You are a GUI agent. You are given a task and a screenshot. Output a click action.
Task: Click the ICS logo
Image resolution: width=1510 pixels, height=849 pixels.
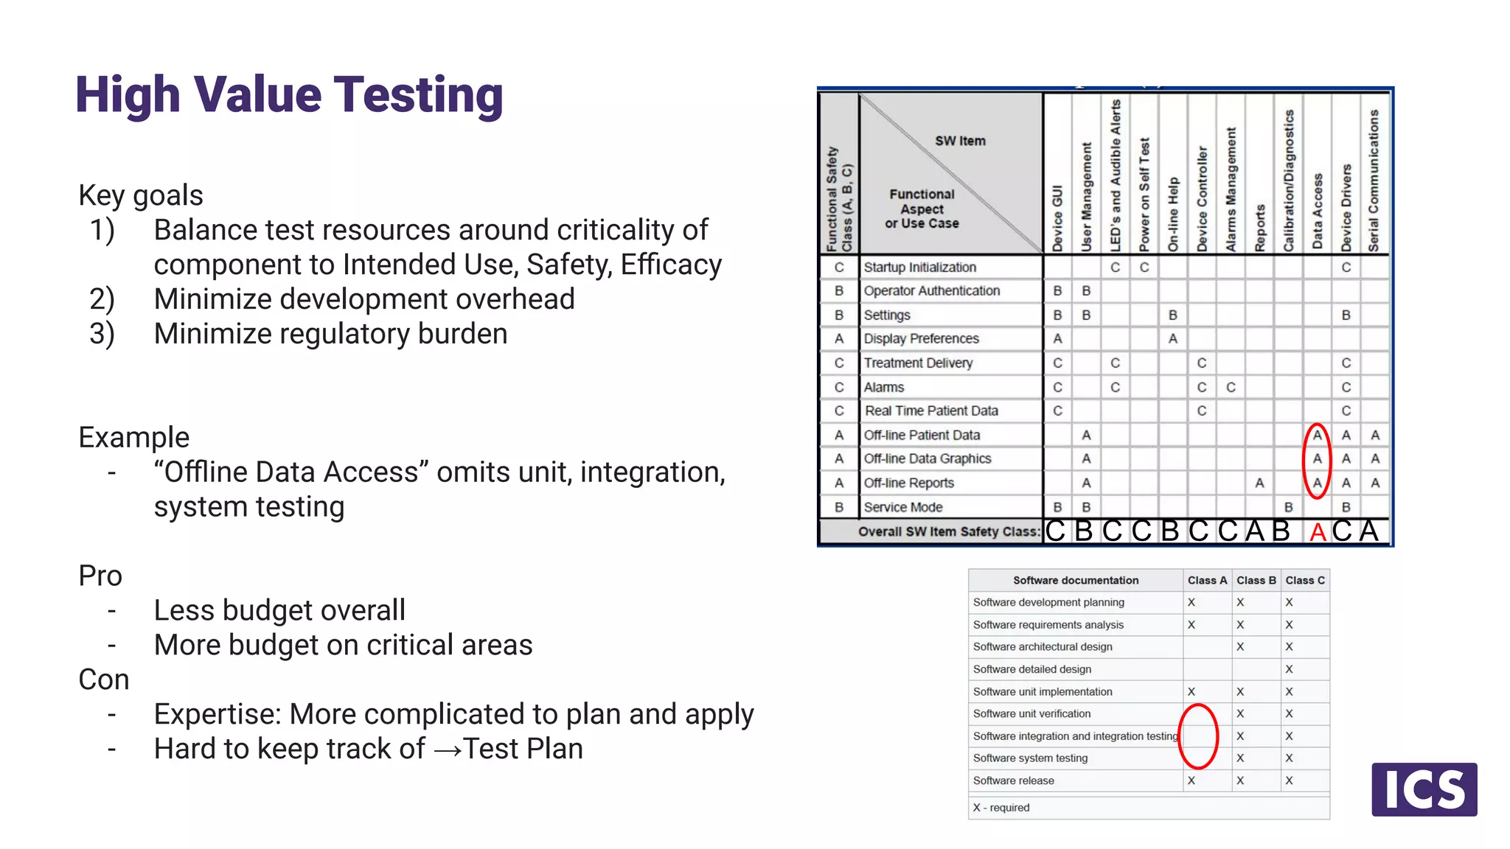click(x=1424, y=789)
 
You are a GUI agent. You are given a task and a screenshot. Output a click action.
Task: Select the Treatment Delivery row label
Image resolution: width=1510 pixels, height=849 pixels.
click(x=918, y=363)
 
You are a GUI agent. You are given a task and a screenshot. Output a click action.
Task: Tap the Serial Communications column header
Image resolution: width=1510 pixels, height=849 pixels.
click(x=1374, y=181)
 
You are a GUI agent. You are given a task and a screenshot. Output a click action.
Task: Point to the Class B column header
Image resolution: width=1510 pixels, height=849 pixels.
click(x=1256, y=581)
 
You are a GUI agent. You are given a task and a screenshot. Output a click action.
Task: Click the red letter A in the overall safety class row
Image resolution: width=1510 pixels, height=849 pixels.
click(x=1318, y=532)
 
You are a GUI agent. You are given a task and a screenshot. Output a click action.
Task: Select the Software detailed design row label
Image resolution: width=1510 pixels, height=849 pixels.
click(x=1031, y=669)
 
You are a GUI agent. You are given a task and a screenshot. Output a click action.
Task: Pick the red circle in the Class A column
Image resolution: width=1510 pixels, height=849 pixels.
click(x=1198, y=736)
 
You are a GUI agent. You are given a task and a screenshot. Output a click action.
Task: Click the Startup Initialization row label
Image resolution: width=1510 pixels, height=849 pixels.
click(x=919, y=268)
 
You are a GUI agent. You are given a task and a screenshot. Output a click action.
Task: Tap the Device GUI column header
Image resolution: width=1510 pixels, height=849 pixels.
click(x=1057, y=218)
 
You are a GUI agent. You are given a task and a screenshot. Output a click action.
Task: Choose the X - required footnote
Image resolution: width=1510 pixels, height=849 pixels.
click(x=1001, y=808)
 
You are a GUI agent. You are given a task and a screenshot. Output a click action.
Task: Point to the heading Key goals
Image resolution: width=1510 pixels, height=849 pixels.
click(x=141, y=196)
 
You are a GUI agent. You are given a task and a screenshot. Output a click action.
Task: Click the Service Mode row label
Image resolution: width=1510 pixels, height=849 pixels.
click(x=902, y=508)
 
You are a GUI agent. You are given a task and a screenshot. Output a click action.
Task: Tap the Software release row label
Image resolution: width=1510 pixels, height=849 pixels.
click(x=1013, y=781)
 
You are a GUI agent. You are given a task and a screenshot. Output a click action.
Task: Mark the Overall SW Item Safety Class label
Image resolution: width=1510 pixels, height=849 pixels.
click(x=948, y=532)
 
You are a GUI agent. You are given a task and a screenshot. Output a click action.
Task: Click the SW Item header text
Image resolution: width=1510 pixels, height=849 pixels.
click(x=960, y=141)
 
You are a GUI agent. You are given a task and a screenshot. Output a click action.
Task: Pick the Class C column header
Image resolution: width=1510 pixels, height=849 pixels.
click(x=1304, y=581)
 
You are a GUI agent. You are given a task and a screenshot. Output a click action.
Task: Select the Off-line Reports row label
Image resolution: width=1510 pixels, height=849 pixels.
click(x=908, y=483)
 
